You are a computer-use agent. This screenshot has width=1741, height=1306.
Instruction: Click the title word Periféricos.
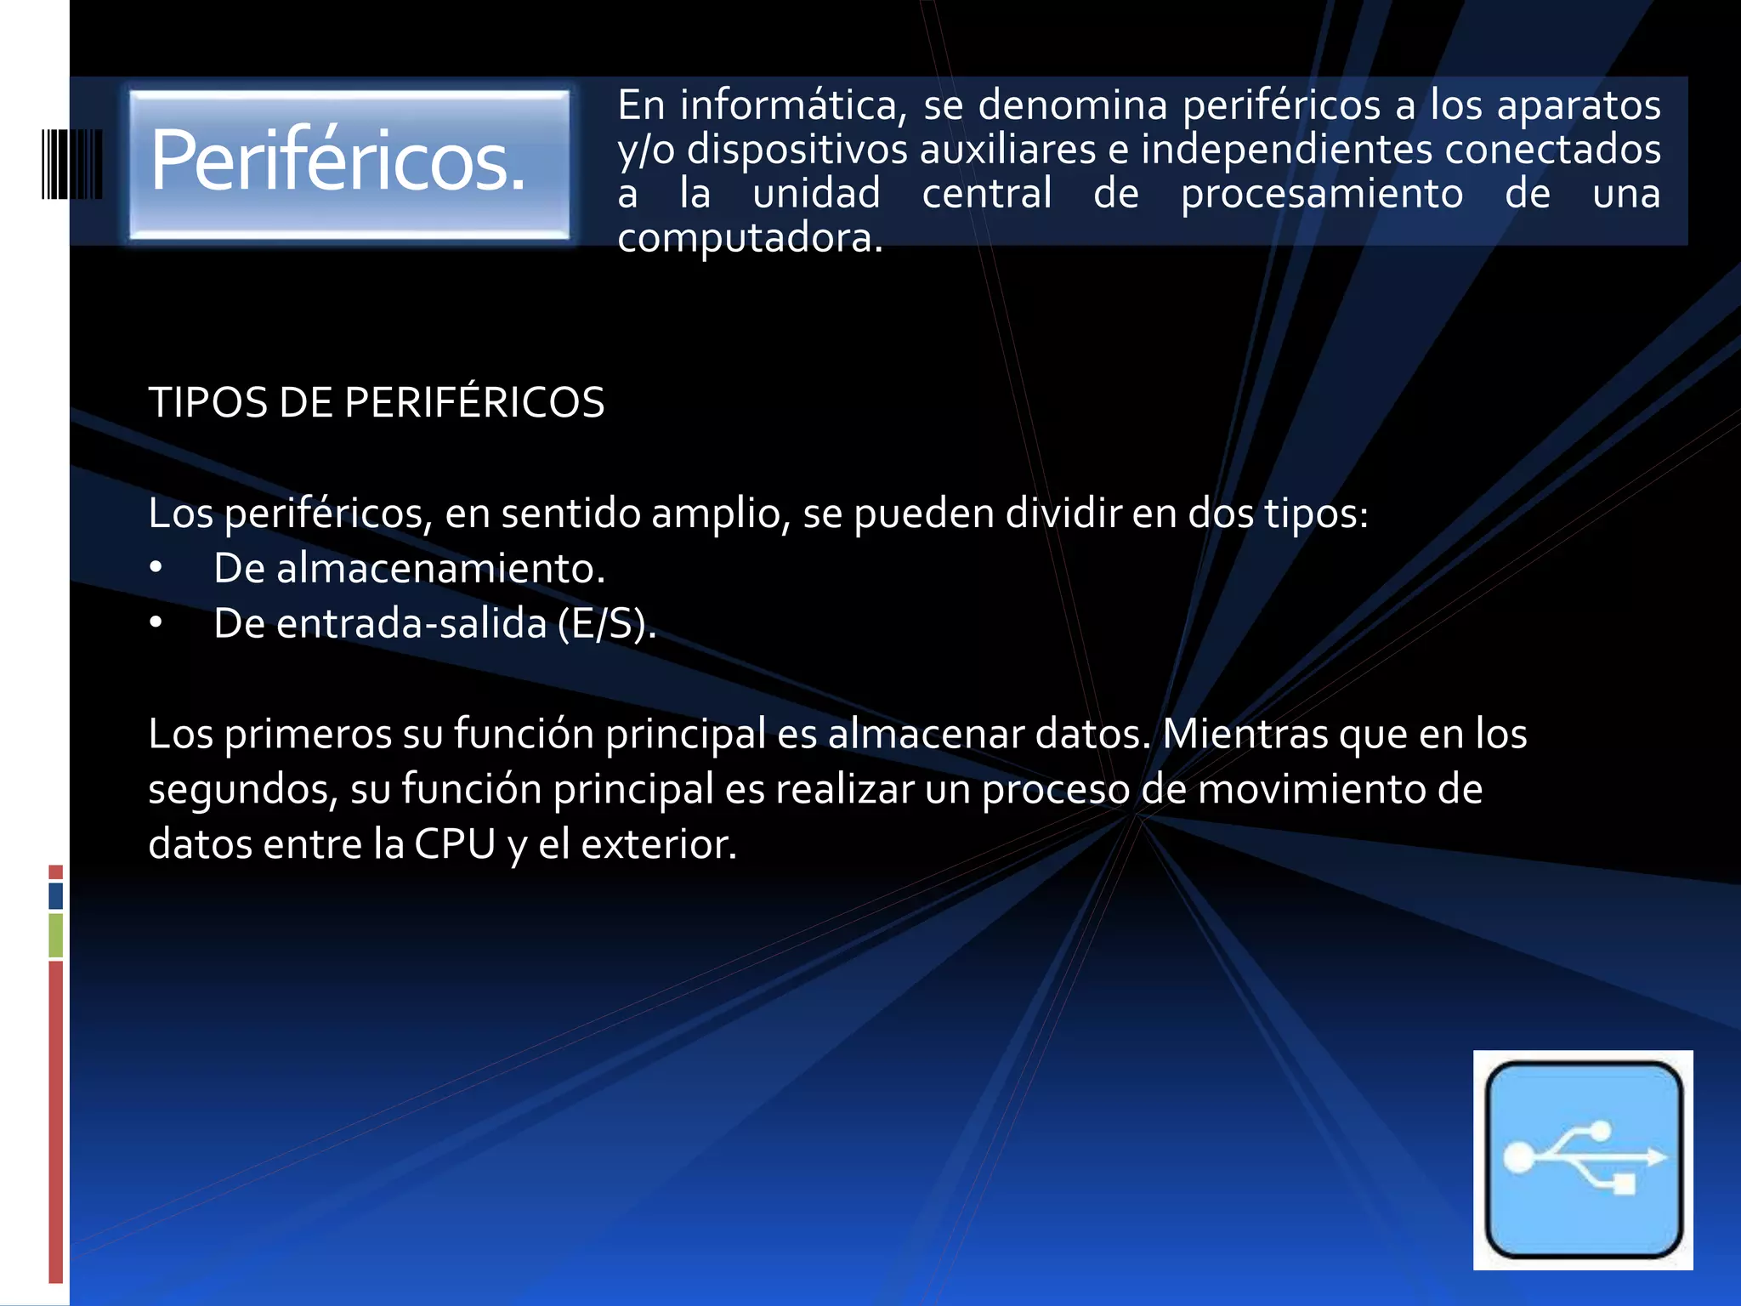337,160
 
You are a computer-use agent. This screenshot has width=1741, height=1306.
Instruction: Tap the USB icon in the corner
1583,1159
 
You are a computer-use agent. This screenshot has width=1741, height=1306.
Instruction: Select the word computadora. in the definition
750,238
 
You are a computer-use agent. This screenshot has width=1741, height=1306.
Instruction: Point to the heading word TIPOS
207,402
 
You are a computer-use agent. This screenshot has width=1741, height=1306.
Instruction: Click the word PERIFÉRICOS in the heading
474,402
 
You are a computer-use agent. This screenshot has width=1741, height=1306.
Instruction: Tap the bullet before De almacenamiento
156,568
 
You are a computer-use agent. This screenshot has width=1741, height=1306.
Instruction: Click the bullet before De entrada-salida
156,623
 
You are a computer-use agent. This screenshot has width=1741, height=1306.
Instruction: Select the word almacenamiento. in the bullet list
440,568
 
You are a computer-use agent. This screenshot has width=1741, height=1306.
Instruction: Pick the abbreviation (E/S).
607,623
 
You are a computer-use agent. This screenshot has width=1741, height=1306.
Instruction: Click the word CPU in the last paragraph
454,844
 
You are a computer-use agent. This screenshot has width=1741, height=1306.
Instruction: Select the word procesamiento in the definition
1322,194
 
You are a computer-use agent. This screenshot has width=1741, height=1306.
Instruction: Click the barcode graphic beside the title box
72,164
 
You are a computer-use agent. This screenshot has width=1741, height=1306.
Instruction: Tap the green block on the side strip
56,934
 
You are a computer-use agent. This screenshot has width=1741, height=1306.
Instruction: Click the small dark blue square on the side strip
56,895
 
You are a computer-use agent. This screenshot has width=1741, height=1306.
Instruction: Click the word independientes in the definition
1286,150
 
